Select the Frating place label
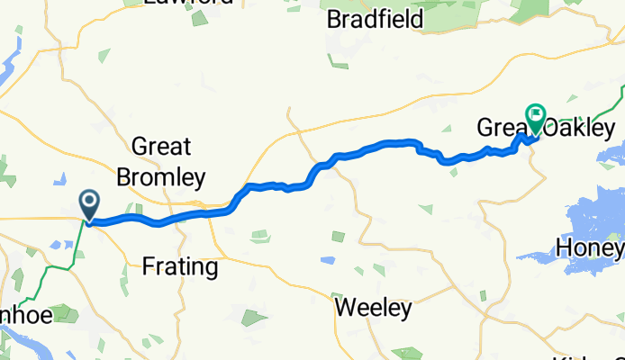coord(180,266)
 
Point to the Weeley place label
coord(373,309)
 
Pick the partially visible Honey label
coord(591,247)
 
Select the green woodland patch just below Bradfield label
coord(339,61)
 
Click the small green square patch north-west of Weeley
coord(338,237)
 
